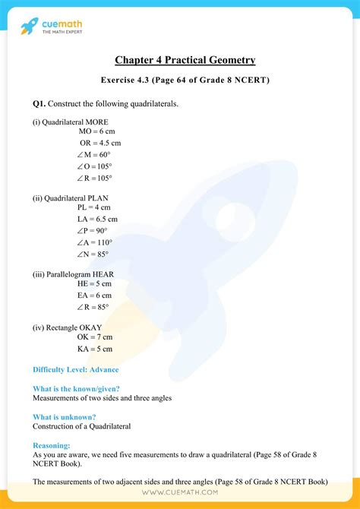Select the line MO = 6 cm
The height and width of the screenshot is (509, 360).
point(96,131)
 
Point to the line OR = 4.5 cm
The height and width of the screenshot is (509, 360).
point(100,143)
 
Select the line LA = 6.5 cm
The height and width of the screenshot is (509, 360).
point(97,219)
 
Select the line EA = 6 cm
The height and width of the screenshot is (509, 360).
point(94,295)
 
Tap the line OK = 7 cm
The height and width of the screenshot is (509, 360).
point(95,337)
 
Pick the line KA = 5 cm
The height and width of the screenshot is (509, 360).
point(95,349)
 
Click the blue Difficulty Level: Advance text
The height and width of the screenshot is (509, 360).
point(75,369)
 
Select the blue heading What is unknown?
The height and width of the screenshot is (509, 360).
point(65,416)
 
